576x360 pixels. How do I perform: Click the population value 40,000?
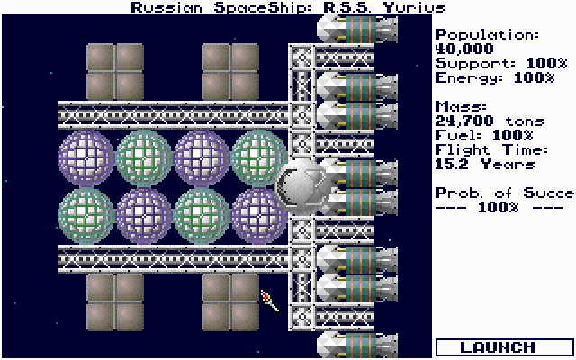464,49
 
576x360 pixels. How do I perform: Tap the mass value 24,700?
464,121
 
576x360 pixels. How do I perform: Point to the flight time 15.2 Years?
484,164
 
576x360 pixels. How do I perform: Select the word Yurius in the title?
414,8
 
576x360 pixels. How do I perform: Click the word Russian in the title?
166,8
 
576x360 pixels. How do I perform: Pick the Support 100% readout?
501,63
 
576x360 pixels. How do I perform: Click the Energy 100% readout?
495,78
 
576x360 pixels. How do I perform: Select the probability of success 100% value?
498,208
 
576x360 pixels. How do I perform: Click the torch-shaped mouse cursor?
270,301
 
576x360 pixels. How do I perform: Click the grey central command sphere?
301,187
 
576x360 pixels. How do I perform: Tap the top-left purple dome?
86,158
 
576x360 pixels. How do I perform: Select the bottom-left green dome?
86,216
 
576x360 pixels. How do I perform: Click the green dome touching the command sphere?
258,158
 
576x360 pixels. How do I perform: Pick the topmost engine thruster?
357,29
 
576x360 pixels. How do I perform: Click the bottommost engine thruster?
357,346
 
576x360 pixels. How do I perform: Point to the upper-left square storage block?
115,72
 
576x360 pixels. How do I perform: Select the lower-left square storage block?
115,302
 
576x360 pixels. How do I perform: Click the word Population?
487,34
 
